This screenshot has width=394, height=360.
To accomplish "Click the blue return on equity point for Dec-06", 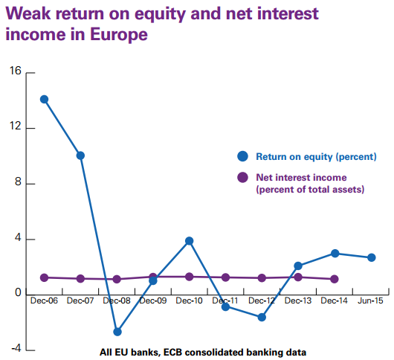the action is [x=44, y=100].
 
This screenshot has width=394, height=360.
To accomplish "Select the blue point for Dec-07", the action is [x=80, y=155].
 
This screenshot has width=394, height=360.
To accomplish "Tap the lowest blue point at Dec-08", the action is [x=117, y=332].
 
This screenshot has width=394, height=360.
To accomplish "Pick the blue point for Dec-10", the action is [x=190, y=241].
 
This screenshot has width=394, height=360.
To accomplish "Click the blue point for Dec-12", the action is [x=262, y=318].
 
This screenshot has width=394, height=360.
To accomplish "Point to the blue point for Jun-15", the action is [x=372, y=257].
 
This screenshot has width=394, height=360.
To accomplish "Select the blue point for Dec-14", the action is [x=335, y=254].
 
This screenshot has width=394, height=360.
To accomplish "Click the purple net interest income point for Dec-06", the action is [x=44, y=277].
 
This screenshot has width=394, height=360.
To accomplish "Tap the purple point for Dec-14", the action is [x=335, y=279].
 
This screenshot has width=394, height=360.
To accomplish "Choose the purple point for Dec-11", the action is [x=226, y=277].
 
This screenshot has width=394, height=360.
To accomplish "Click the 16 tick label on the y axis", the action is [x=16, y=71].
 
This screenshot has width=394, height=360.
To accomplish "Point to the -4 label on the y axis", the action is [x=16, y=349].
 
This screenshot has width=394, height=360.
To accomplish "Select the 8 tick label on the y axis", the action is [x=18, y=181].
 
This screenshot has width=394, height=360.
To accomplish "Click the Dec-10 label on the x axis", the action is [x=189, y=300].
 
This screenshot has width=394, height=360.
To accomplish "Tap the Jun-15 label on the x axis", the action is [x=370, y=300].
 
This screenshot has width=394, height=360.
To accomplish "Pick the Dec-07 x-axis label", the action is [x=80, y=300].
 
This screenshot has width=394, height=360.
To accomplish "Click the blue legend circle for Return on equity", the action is [x=243, y=156].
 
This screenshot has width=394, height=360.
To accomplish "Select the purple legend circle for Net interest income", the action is [x=243, y=178].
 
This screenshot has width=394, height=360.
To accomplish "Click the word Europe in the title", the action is [x=119, y=34].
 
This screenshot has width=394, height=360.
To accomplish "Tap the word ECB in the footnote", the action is [x=172, y=353].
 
